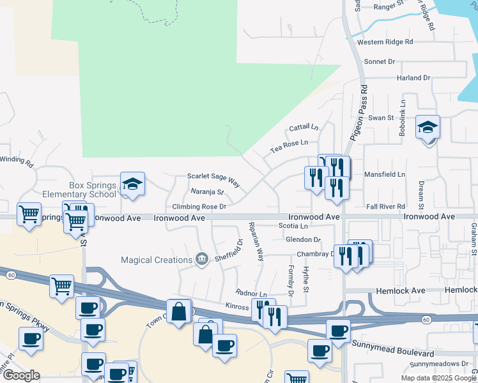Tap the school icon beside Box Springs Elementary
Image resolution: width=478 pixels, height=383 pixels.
[x=132, y=184]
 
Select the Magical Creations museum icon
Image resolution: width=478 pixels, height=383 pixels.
[x=203, y=259]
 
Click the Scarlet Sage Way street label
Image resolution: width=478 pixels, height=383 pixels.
[x=213, y=179]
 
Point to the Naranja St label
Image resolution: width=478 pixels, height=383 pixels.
[x=208, y=191]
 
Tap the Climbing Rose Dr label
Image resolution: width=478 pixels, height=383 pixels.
[x=199, y=207]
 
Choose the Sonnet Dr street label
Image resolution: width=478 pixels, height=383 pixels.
[x=380, y=62]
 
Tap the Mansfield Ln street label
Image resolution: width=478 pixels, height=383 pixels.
[x=384, y=174]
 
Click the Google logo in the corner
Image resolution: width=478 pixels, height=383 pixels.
[x=21, y=375]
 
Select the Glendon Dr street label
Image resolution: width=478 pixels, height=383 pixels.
[x=303, y=239]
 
